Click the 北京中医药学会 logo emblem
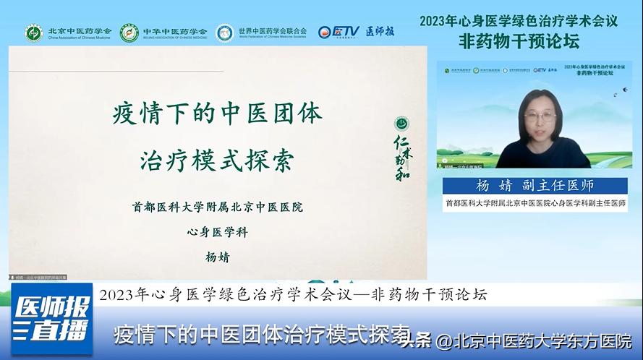[34, 33]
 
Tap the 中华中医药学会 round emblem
[129, 33]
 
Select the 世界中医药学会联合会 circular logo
[225, 33]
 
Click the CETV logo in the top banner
[338, 32]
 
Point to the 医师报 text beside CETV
[380, 32]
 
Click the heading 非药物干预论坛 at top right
[519, 41]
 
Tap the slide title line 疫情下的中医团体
[217, 115]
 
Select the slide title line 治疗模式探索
[217, 160]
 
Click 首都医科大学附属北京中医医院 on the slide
[217, 207]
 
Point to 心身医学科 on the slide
[217, 232]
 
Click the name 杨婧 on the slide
[217, 257]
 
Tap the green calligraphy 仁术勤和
[401, 156]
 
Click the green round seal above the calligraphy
[401, 123]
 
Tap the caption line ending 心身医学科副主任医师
[535, 204]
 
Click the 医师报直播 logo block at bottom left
[51, 319]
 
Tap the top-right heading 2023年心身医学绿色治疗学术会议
[519, 20]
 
